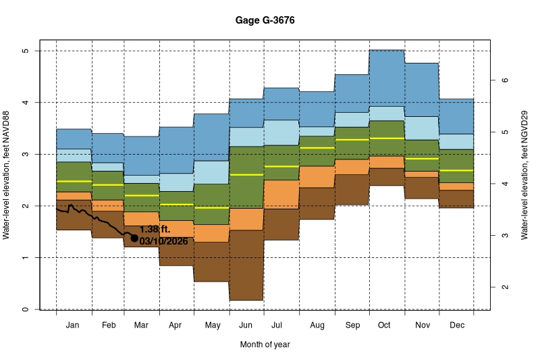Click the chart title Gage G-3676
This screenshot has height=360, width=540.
pyautogui.click(x=265, y=21)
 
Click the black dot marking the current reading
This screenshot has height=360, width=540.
pyautogui.click(x=134, y=238)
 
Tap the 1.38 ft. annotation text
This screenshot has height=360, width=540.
pyautogui.click(x=155, y=230)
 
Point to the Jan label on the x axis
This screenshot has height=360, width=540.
pyautogui.click(x=74, y=326)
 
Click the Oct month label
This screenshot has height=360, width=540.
pyautogui.click(x=384, y=326)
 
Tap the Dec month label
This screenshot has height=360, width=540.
pyautogui.click(x=456, y=326)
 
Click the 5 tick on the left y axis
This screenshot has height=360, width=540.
pyautogui.click(x=25, y=51)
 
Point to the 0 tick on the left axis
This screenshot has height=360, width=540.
pyautogui.click(x=25, y=309)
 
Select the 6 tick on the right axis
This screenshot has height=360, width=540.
pyautogui.click(x=504, y=80)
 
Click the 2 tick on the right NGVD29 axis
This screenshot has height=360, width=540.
pyautogui.click(x=504, y=287)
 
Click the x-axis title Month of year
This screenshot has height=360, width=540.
pyautogui.click(x=265, y=344)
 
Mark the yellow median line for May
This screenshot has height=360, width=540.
pyautogui.click(x=212, y=208)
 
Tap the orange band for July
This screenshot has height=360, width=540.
pyautogui.click(x=281, y=195)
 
